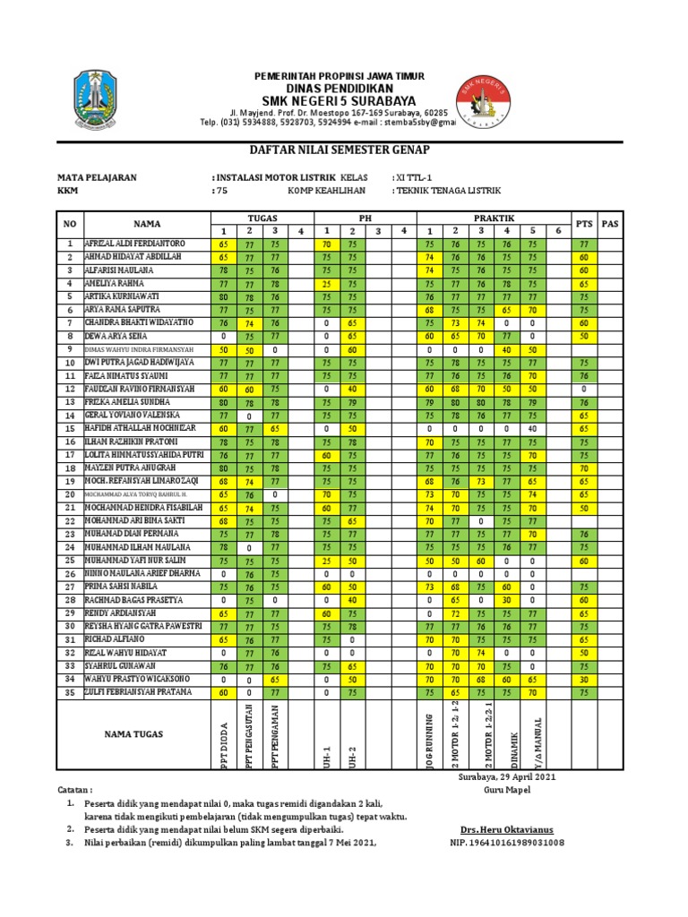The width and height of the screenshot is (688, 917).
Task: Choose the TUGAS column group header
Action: [x=262, y=219]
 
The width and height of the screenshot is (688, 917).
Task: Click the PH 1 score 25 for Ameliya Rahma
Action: [x=327, y=282]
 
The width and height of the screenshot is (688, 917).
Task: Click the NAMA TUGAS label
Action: [x=135, y=734]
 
